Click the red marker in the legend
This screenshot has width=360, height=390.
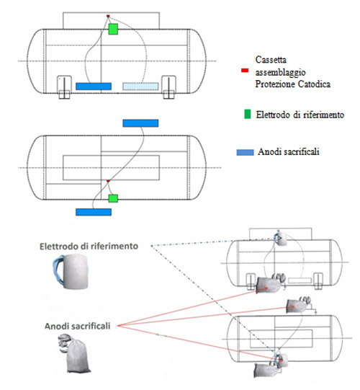click(245, 71)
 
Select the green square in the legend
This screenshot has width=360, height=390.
click(248, 114)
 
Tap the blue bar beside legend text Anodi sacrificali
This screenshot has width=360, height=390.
click(246, 152)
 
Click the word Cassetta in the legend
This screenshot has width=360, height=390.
click(271, 60)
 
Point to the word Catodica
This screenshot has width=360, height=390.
click(314, 84)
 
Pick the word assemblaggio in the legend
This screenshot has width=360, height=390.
click(281, 72)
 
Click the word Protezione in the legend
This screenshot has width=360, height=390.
click(275, 84)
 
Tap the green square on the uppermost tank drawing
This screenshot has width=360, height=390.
click(113, 29)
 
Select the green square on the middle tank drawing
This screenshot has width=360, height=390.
click(113, 198)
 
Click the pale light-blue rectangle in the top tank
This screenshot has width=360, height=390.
click(140, 87)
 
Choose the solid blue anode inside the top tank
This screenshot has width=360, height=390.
click(94, 87)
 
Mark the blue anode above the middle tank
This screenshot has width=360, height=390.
click(140, 123)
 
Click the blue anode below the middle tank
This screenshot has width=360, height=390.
click(94, 212)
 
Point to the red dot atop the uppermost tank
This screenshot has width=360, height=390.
click(108, 16)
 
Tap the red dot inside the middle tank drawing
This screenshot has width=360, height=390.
click(108, 181)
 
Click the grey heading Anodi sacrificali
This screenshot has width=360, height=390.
click(78, 326)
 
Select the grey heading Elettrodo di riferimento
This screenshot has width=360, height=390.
click(89, 247)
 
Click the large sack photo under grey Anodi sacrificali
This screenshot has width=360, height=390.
click(75, 353)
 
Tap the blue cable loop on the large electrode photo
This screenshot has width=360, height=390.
click(58, 270)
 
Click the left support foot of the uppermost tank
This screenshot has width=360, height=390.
click(64, 87)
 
